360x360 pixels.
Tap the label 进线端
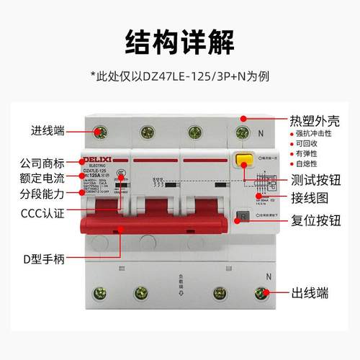[x=48, y=131]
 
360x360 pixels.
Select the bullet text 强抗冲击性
[x=316, y=133]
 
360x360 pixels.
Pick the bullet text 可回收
[x=310, y=145]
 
